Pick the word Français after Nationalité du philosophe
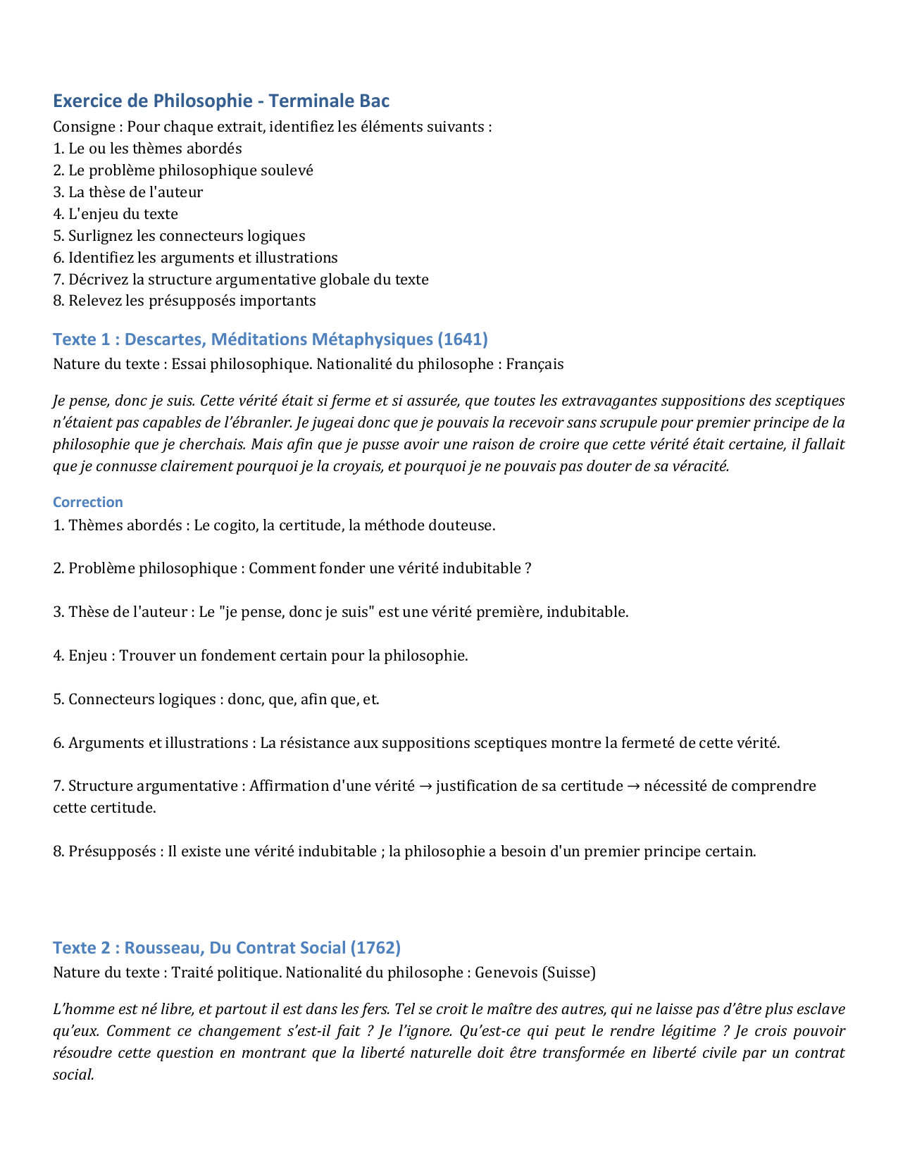[x=535, y=364]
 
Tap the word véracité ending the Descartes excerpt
[x=699, y=466]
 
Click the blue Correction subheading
[x=88, y=502]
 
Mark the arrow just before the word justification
[x=425, y=786]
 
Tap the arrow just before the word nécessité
[x=634, y=786]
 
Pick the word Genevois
[x=506, y=973]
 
